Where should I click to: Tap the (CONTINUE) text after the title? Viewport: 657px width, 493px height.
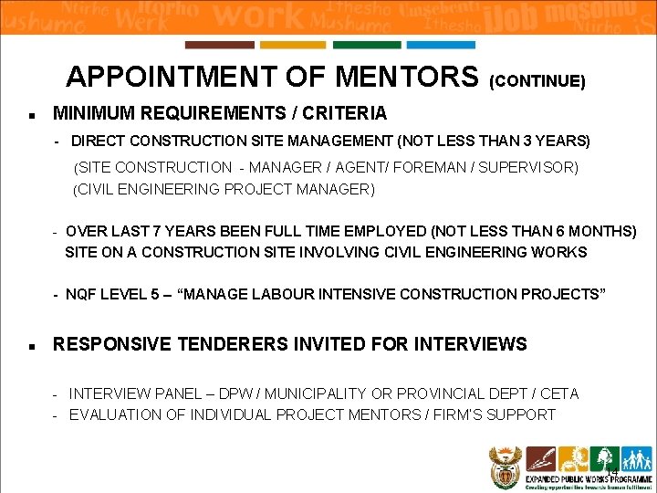tap(537, 81)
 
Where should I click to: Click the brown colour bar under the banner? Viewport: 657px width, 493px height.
tap(220, 45)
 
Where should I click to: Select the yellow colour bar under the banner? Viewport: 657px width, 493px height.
tap(293, 45)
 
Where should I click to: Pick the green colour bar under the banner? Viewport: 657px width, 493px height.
tap(367, 45)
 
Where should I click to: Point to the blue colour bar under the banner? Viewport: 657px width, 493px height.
tap(441, 45)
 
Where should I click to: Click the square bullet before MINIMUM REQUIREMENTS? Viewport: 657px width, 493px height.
tap(32, 116)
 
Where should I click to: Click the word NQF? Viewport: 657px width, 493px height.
tap(81, 295)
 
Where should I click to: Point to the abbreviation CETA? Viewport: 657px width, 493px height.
tap(560, 394)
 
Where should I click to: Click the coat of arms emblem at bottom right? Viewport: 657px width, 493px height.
tap(505, 466)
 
